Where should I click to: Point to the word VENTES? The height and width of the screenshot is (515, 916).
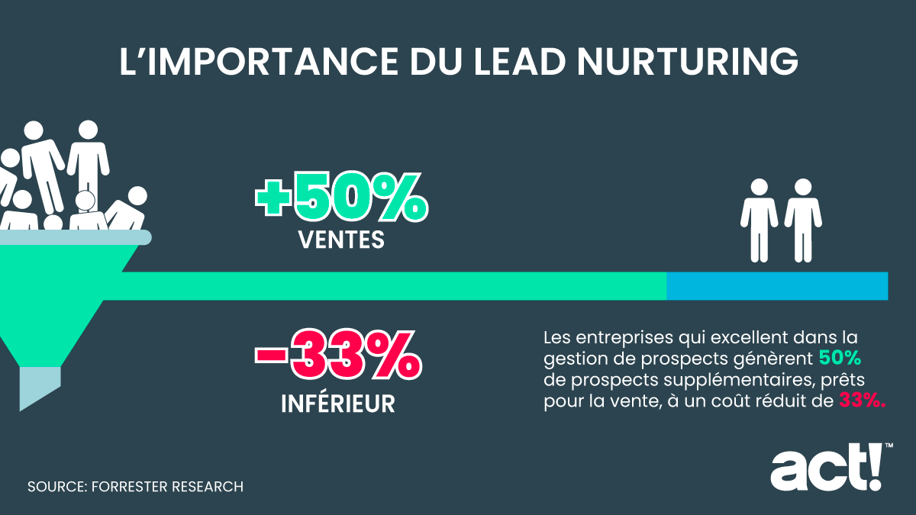[340, 241]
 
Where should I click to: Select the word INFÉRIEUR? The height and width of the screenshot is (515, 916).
[338, 403]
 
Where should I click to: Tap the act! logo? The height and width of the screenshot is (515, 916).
[826, 468]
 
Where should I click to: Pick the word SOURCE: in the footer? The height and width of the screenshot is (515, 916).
[55, 486]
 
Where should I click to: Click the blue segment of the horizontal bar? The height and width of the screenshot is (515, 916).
[776, 286]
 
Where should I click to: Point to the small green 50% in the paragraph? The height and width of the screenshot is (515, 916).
[840, 357]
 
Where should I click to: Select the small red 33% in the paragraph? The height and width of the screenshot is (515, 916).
[862, 401]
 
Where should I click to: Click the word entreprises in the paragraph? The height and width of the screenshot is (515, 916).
[617, 336]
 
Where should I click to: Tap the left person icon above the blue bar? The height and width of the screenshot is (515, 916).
[759, 220]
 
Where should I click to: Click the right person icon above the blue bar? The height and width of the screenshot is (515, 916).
[803, 220]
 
